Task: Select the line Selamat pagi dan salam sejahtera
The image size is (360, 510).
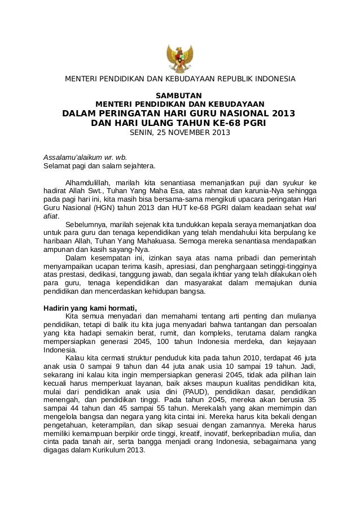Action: [x=99, y=166]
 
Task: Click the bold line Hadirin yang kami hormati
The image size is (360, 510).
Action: [x=90, y=308]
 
